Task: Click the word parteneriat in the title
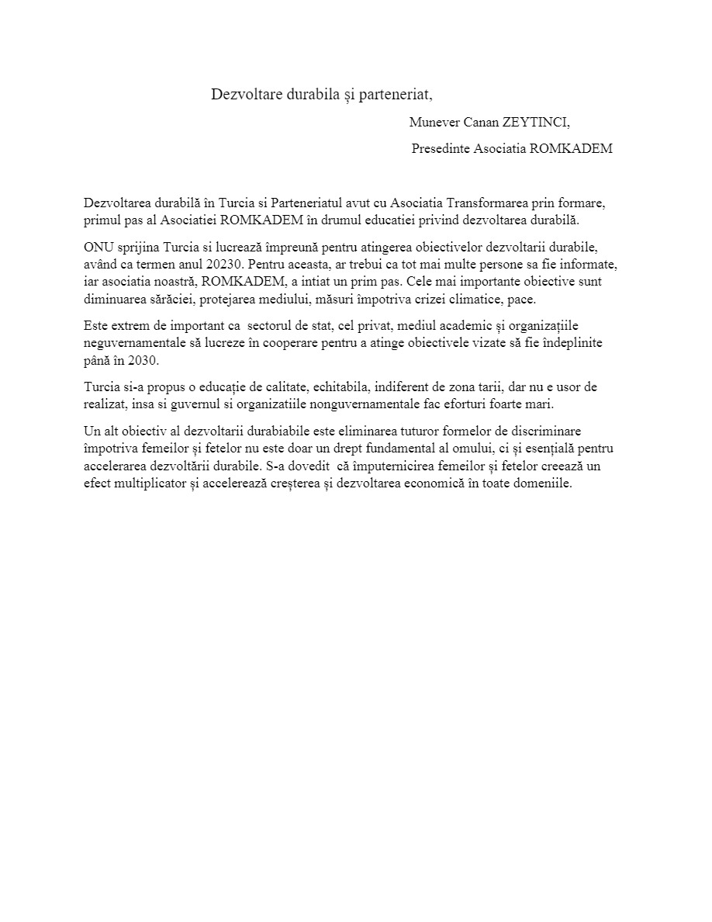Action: click(396, 95)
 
